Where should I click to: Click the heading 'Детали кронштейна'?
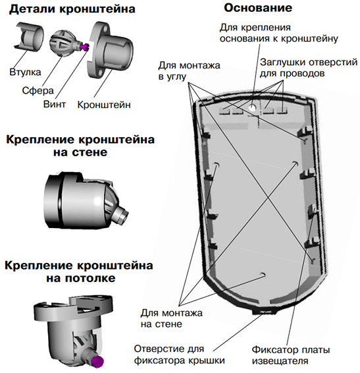(72, 9)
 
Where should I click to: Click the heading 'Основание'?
(258, 8)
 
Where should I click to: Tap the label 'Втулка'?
(25, 72)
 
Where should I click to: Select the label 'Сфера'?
(38, 90)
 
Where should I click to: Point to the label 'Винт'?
(55, 104)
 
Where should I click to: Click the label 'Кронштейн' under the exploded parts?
(104, 105)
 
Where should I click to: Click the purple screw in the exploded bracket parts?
(85, 47)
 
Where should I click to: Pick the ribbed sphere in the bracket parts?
(61, 43)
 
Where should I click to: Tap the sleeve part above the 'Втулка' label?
(28, 36)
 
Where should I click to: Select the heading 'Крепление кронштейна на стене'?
(80, 146)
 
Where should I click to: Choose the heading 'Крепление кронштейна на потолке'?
(79, 272)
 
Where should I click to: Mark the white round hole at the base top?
(252, 107)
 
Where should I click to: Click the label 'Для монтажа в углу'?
(189, 71)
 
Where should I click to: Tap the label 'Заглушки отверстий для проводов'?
(309, 68)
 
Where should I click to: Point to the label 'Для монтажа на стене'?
(171, 318)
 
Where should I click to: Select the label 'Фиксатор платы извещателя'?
(291, 355)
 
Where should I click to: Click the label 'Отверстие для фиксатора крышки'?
(180, 355)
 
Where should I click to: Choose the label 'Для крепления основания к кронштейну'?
(279, 33)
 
